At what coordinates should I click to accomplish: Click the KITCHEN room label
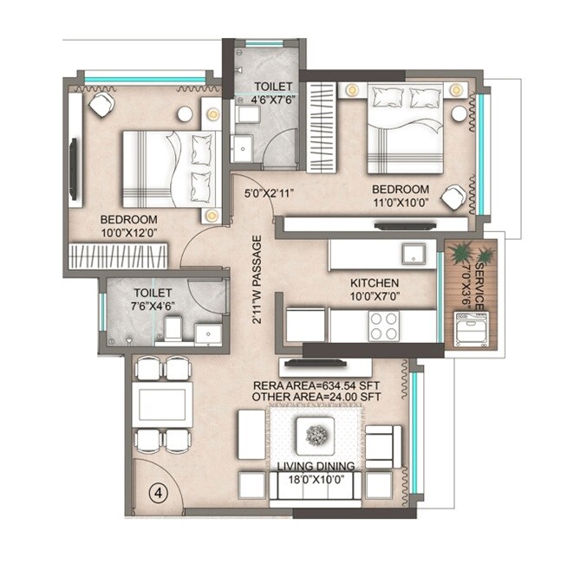pos(374,283)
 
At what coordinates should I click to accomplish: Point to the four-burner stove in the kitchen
pos(384,325)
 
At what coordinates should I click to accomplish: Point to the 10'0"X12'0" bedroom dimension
pos(127,233)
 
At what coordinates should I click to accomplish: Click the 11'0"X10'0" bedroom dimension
pos(401,204)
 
